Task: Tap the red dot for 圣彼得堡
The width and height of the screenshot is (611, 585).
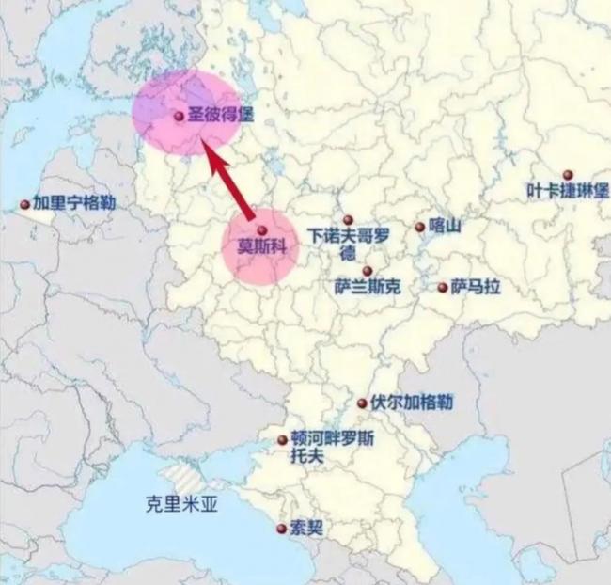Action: (179, 117)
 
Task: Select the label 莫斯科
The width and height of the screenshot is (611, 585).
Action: (266, 249)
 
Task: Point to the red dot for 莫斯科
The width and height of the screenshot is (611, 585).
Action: (262, 230)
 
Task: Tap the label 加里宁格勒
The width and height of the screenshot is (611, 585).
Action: (74, 202)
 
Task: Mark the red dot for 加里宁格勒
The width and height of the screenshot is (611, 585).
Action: (24, 204)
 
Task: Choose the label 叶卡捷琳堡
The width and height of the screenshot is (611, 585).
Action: (567, 191)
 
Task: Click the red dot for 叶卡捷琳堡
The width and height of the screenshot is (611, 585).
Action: (567, 175)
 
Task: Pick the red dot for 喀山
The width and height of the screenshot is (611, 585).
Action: (419, 227)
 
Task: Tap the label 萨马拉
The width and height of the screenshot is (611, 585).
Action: (475, 287)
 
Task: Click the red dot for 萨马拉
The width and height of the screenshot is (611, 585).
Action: (442, 287)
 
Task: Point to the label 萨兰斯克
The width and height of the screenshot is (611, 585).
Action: (368, 287)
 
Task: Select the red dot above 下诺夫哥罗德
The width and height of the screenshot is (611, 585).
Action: (347, 220)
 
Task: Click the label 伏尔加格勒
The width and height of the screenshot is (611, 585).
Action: (411, 403)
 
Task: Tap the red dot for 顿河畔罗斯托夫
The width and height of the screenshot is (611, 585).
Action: (282, 439)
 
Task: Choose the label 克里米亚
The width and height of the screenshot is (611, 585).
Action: (180, 503)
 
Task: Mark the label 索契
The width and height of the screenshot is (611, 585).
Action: (307, 529)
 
